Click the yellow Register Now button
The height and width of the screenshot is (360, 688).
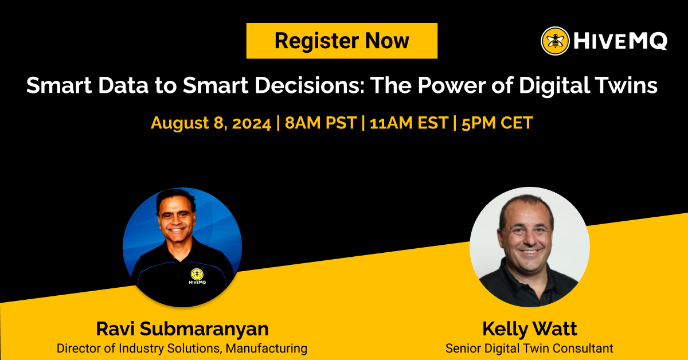click(x=342, y=41)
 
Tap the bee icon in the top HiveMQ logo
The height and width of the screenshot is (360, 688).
click(x=555, y=41)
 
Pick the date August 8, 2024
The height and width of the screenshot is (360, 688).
click(x=211, y=123)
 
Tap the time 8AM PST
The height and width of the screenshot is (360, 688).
click(x=319, y=123)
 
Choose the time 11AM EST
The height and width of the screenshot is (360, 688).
click(x=408, y=123)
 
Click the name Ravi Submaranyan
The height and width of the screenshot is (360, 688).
click(x=182, y=329)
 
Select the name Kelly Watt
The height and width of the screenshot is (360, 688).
click(x=529, y=329)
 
